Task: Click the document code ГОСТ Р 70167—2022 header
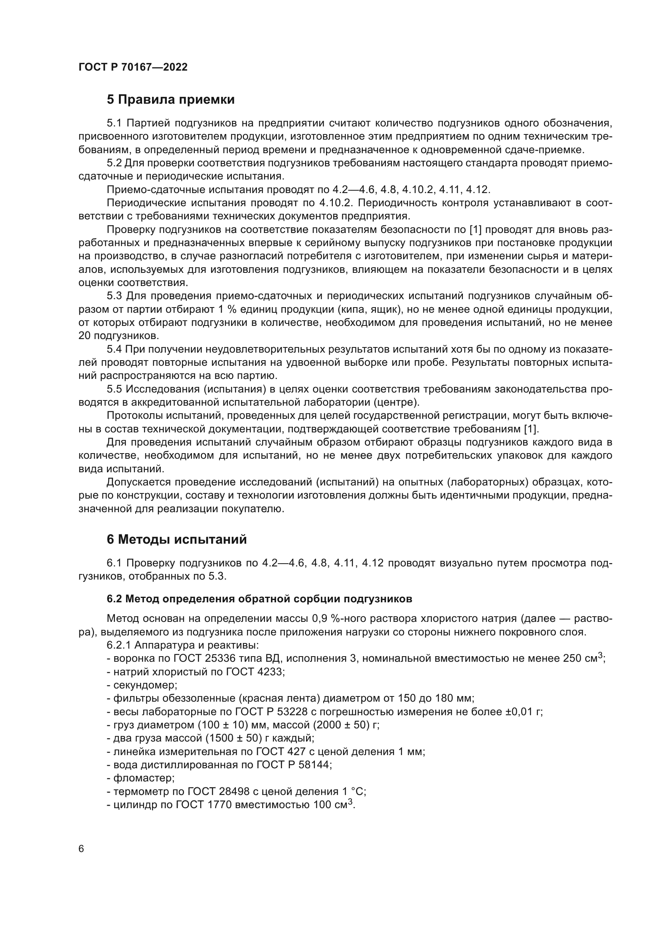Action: [133, 67]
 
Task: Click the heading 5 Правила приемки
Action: [171, 100]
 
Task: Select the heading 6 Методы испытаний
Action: [176, 540]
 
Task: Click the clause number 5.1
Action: [114, 123]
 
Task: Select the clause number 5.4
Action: [114, 349]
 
